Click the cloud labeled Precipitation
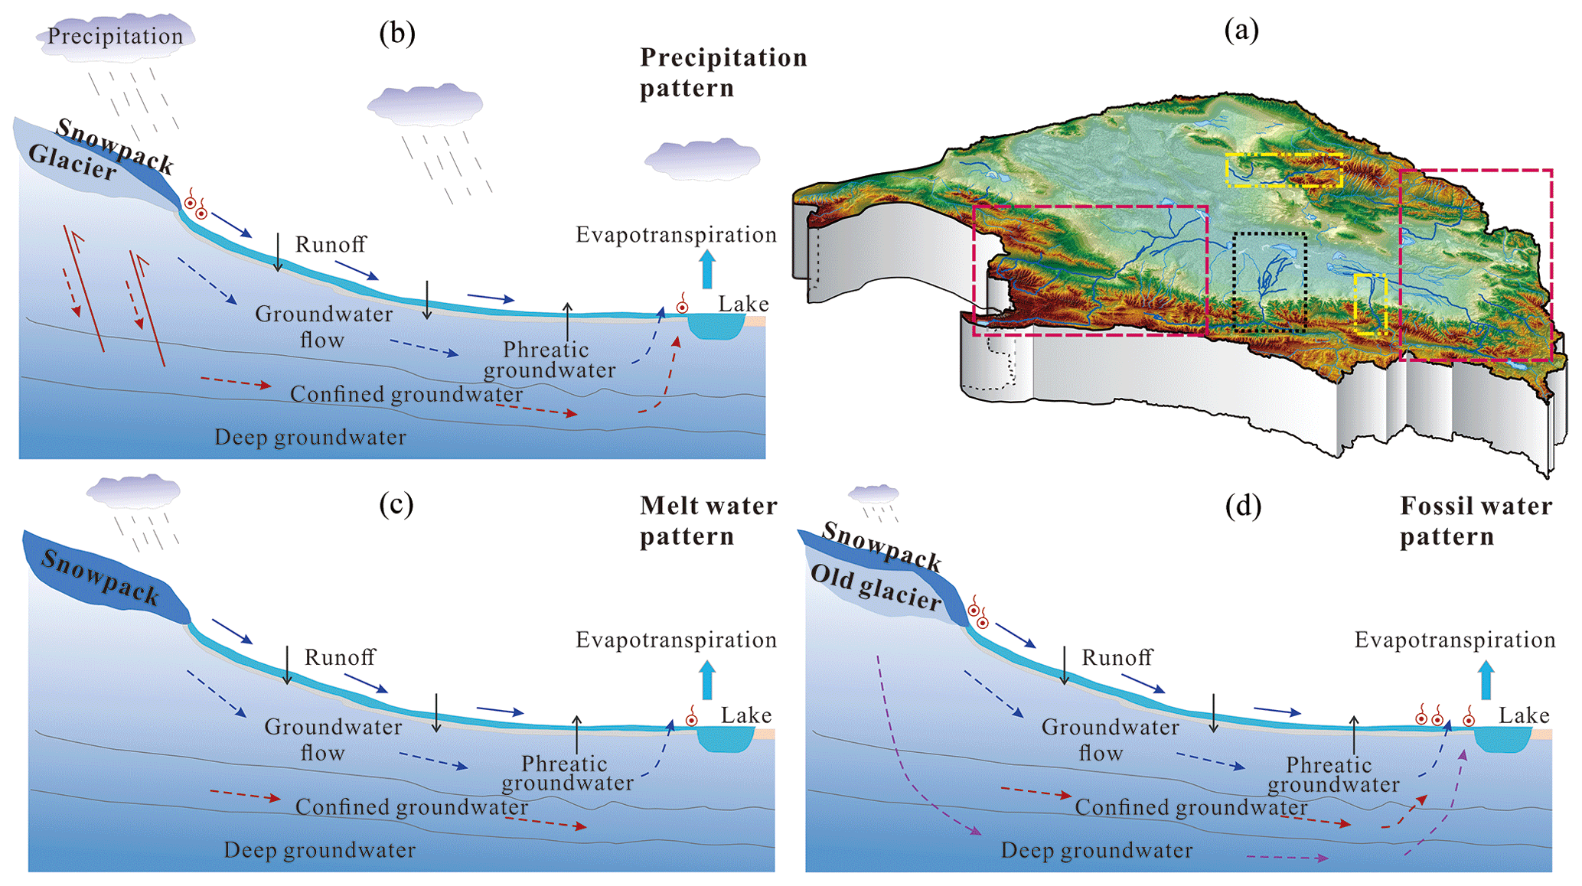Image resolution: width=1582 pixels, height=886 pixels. pos(115,36)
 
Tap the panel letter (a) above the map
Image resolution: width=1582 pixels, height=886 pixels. pos(1241,30)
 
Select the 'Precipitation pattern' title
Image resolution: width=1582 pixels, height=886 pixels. pos(723,72)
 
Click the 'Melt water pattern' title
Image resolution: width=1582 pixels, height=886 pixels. pos(708,520)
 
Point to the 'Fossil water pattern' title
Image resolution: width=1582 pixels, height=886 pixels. pos(1476,520)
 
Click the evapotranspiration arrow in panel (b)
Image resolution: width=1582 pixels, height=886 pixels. pos(707,269)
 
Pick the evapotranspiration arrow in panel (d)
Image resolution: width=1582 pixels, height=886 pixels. pos(1486,679)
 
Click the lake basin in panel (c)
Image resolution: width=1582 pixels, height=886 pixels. pos(726,739)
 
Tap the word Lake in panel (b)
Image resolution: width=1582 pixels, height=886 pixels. pos(743,304)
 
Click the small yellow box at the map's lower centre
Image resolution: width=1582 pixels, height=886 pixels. pos(1369,304)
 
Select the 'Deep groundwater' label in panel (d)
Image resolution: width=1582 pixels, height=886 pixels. pos(1096,850)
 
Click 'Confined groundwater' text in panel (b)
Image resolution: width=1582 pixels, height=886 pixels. pos(406,394)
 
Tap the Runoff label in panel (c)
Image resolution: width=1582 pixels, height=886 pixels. pos(340,656)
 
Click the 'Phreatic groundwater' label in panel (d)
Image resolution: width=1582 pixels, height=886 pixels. pos(1332,774)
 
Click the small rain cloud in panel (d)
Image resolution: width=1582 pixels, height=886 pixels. pos(873,493)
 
